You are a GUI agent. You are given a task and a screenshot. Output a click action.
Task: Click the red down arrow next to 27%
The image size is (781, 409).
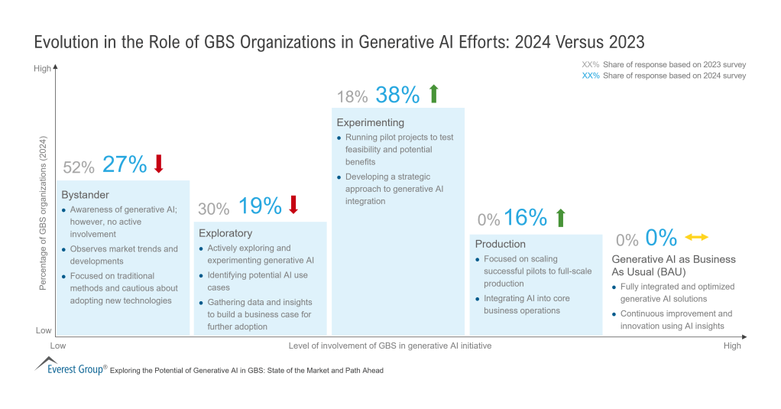[x=159, y=164]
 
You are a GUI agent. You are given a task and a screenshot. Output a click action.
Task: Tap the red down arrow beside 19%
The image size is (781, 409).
[x=293, y=205]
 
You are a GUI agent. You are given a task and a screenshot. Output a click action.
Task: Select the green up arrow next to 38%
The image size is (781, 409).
[x=433, y=94]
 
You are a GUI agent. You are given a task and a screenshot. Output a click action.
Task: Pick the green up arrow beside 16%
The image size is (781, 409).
[x=560, y=217]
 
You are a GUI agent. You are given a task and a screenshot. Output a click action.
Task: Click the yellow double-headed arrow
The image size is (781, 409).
[x=696, y=237]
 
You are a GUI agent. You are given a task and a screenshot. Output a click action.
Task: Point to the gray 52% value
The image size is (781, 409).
[x=79, y=167]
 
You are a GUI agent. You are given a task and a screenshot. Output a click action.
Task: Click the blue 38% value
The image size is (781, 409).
[x=397, y=95]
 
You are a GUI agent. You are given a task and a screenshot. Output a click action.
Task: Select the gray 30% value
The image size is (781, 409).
[x=214, y=208]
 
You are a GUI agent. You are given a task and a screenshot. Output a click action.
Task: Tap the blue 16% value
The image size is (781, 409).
[x=525, y=218]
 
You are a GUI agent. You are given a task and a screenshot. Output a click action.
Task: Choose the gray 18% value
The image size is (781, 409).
[x=352, y=97]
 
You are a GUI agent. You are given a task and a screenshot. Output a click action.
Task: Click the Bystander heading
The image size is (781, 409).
[x=86, y=195]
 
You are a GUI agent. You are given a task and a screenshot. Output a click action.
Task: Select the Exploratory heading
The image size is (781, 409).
[x=225, y=233]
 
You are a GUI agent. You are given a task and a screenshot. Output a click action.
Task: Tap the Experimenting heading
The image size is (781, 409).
[x=371, y=122]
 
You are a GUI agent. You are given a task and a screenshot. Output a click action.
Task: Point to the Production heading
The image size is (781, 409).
[x=500, y=244]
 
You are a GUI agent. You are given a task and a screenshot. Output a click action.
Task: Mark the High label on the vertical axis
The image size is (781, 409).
[x=42, y=69]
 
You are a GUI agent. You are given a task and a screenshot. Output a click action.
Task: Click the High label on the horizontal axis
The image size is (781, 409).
[x=731, y=346]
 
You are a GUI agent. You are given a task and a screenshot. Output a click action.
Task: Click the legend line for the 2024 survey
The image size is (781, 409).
[x=663, y=76]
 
